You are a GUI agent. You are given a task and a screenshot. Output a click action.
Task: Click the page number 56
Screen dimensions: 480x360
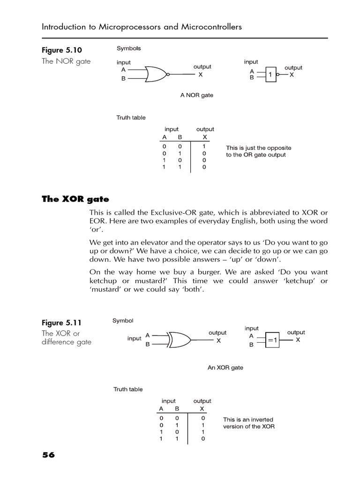tap(48, 455)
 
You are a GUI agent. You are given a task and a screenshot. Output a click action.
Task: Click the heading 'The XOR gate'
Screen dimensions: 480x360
tap(75, 199)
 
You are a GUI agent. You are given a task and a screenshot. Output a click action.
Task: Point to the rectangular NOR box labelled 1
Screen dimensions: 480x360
tap(271, 74)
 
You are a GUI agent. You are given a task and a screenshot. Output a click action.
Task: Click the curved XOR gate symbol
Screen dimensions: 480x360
tap(180, 339)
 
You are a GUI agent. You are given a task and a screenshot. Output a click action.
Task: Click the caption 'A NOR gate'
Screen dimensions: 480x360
tap(196, 95)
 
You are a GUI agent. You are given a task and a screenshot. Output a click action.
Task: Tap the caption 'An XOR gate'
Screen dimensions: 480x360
tap(225, 367)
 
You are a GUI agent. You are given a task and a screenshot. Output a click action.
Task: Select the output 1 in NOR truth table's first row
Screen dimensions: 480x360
tap(204, 146)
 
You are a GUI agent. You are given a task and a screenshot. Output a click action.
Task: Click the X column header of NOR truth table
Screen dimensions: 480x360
tap(204, 137)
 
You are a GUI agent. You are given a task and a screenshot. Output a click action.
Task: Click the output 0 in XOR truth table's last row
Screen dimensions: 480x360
tap(202, 439)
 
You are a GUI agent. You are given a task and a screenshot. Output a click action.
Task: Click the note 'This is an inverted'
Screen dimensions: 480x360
tap(248, 420)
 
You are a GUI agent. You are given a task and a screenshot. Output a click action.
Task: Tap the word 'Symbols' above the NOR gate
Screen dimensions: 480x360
tap(128, 48)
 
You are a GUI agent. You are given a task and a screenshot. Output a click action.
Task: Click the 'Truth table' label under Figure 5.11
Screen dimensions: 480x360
tap(128, 389)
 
